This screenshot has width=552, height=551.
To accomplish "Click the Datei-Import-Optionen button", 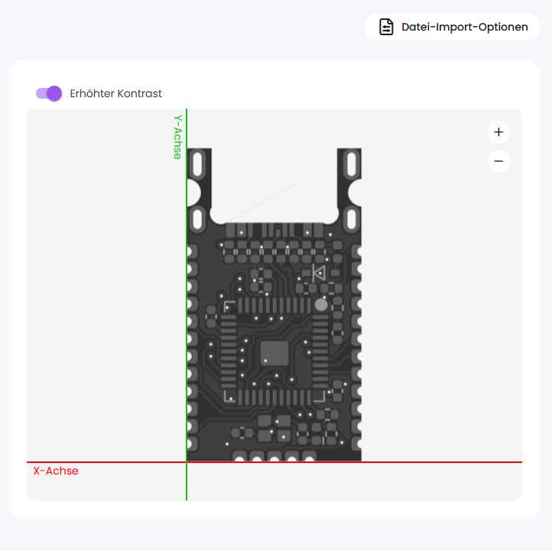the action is point(453,27).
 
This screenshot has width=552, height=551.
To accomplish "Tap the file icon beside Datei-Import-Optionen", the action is point(386,27).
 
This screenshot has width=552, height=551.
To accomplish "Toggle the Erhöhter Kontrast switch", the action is point(49,93).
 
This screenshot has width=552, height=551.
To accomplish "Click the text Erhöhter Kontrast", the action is point(115,93).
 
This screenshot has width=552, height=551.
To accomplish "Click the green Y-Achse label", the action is point(178,137).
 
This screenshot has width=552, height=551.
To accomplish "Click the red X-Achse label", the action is point(56,471).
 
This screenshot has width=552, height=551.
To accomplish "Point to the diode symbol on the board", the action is point(319,272).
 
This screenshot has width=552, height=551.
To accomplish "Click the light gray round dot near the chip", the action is point(321,305).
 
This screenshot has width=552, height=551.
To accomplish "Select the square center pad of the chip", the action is point(274,353).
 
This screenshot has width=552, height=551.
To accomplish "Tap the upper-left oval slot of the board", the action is point(198,164).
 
